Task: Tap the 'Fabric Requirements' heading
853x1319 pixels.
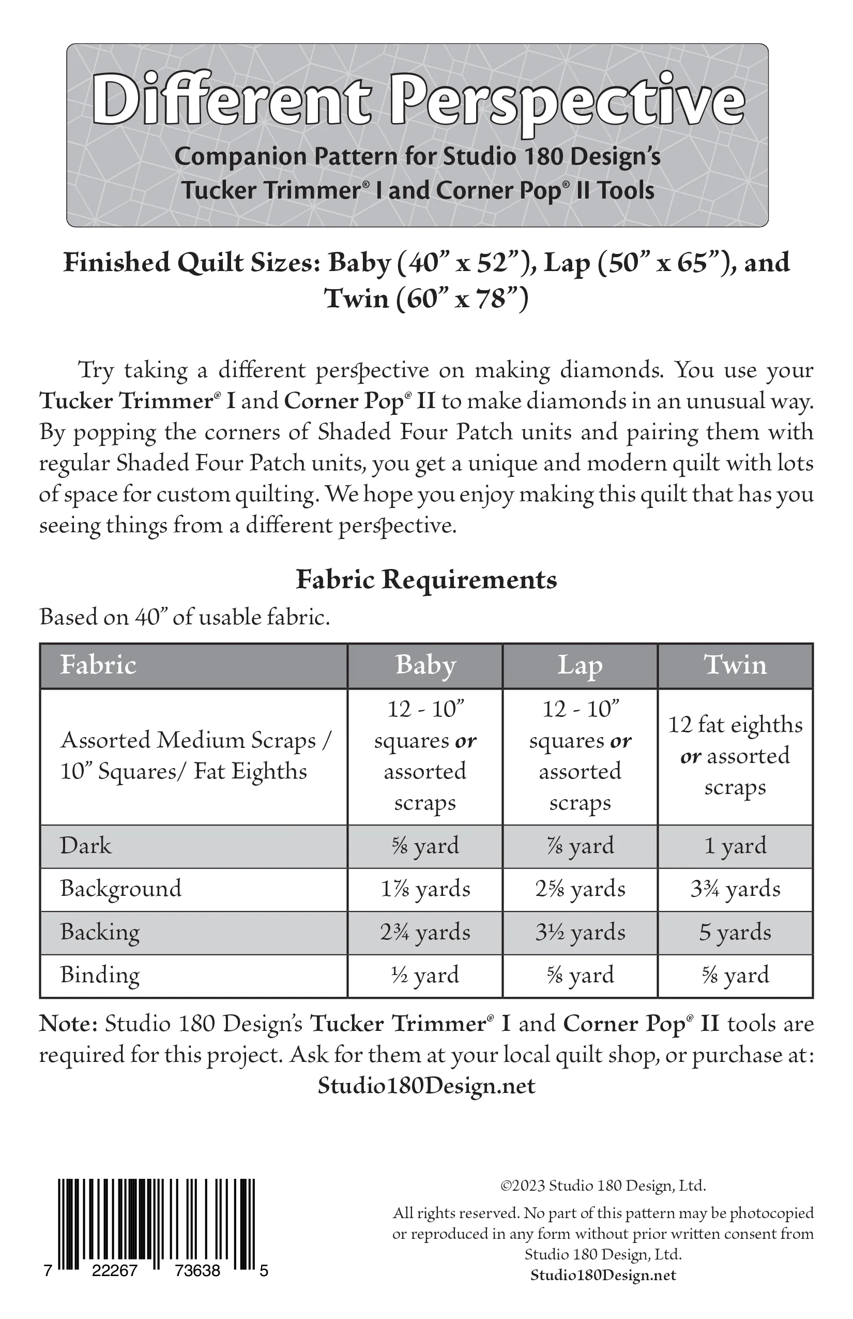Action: [x=426, y=580]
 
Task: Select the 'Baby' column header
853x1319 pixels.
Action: [x=425, y=665]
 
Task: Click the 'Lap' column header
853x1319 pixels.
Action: [x=580, y=665]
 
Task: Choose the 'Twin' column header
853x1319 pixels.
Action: [x=735, y=665]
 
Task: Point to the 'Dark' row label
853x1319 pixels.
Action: [x=86, y=846]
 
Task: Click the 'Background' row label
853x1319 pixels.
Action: [x=121, y=889]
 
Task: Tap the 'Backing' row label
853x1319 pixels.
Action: [x=100, y=932]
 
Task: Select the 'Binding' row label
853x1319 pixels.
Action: [x=100, y=975]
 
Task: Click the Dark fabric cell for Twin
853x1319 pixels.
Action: [x=735, y=846]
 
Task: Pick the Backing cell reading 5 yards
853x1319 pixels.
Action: [x=735, y=932]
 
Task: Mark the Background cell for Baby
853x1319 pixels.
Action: [x=425, y=889]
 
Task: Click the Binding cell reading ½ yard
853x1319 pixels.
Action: [x=425, y=975]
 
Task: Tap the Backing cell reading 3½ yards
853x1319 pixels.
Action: [x=580, y=932]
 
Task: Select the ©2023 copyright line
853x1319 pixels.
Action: [x=603, y=1186]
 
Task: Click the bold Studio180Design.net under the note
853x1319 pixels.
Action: [x=426, y=1085]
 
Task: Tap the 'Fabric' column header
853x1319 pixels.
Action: [x=98, y=665]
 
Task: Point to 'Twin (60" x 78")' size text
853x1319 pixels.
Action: [x=426, y=299]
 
